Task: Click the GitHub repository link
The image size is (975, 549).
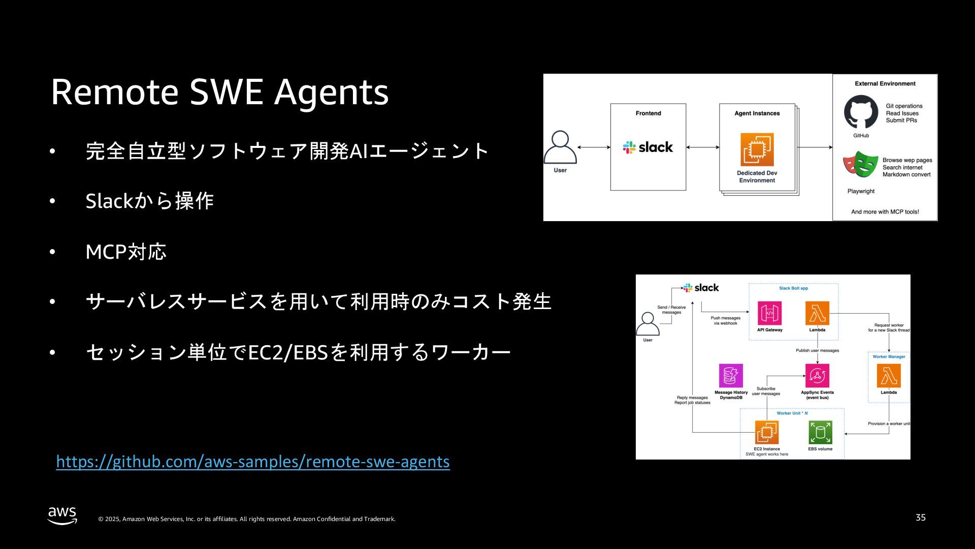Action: (252, 462)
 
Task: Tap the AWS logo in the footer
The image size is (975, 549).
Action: (62, 515)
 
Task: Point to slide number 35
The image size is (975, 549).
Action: (920, 517)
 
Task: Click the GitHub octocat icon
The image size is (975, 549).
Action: (861, 112)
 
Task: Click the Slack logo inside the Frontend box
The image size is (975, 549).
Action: (648, 147)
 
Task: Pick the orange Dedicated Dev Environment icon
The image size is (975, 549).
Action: (757, 149)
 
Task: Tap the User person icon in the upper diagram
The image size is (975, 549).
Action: (560, 147)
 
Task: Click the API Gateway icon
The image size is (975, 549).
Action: (769, 313)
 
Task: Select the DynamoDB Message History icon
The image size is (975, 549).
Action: (731, 376)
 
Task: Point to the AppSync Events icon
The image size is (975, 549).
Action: (817, 376)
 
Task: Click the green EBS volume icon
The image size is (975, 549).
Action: (820, 433)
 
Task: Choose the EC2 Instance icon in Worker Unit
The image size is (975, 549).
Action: (767, 433)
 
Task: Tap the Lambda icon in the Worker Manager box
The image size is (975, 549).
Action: (889, 376)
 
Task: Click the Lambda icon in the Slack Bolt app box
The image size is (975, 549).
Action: (817, 313)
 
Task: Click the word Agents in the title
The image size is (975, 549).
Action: (331, 92)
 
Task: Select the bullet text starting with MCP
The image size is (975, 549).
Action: (126, 252)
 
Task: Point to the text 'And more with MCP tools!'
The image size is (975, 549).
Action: (885, 212)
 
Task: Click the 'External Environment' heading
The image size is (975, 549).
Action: (885, 84)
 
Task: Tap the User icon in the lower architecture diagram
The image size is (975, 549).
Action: (647, 324)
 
